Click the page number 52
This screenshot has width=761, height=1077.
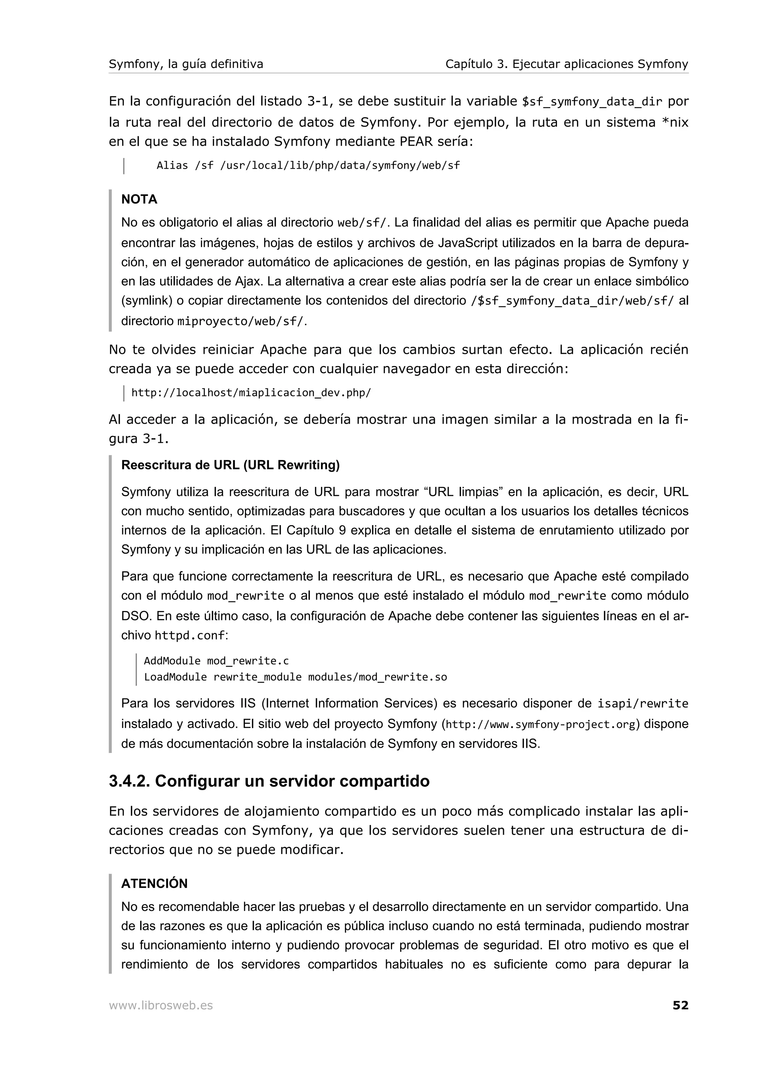tap(680, 1005)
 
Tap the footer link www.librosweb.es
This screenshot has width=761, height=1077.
tap(161, 1005)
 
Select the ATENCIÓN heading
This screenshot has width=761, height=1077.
tap(154, 883)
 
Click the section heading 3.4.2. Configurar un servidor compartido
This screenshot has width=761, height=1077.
tap(269, 781)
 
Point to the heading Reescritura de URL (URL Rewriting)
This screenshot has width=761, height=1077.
tap(230, 465)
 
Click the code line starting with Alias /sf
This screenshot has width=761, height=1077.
tap(308, 166)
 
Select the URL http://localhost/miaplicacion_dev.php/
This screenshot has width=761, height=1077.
tap(251, 392)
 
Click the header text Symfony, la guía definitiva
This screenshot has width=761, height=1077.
tap(186, 64)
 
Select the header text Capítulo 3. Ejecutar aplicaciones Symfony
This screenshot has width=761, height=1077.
tap(566, 64)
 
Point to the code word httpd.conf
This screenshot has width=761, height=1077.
tap(190, 635)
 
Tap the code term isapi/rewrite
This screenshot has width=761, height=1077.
tap(642, 704)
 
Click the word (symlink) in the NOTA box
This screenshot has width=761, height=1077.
tap(147, 301)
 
